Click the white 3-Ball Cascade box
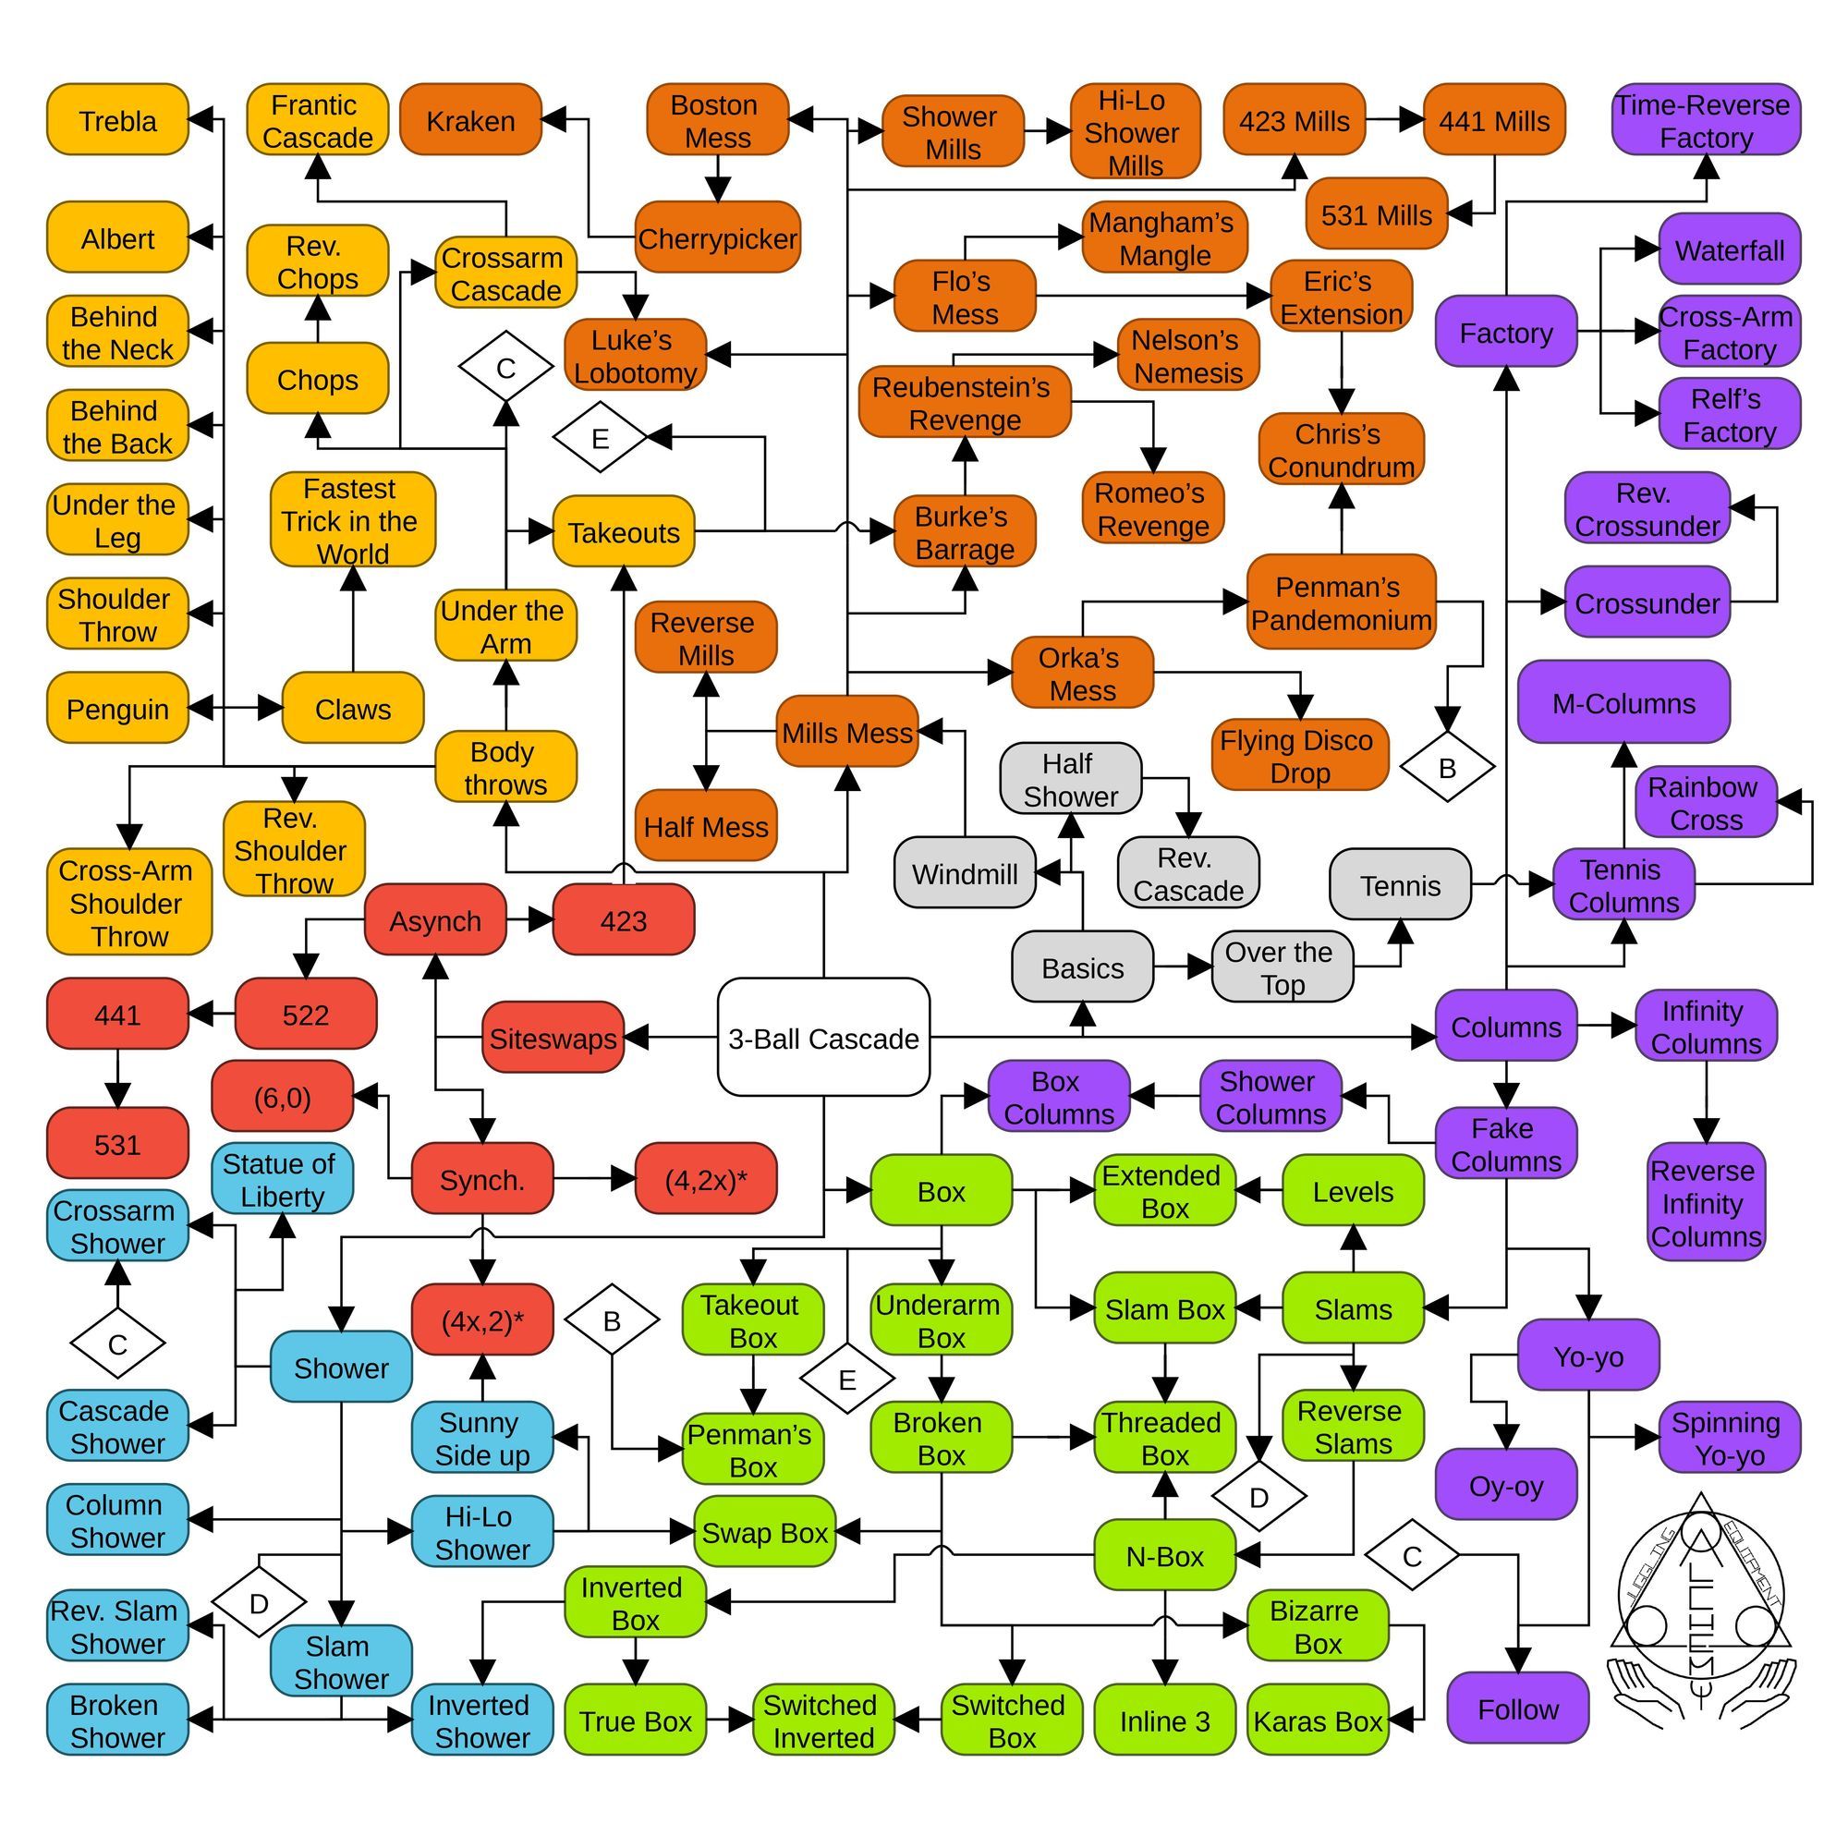tap(823, 1037)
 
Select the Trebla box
tap(117, 119)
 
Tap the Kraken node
tap(470, 119)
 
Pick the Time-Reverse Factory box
tap(1707, 119)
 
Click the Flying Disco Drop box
tap(1300, 755)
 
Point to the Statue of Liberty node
tap(282, 1178)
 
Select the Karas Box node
tap(1319, 1721)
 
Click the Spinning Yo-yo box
tap(1730, 1438)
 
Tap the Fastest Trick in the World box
tap(353, 519)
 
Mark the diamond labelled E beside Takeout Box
tap(846, 1380)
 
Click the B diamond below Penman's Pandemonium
tap(1447, 766)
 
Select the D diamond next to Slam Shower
tap(260, 1603)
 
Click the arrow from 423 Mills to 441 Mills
tap(1394, 119)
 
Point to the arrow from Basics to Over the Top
tap(1183, 967)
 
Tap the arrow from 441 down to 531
tap(117, 1078)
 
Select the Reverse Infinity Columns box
tap(1707, 1202)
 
